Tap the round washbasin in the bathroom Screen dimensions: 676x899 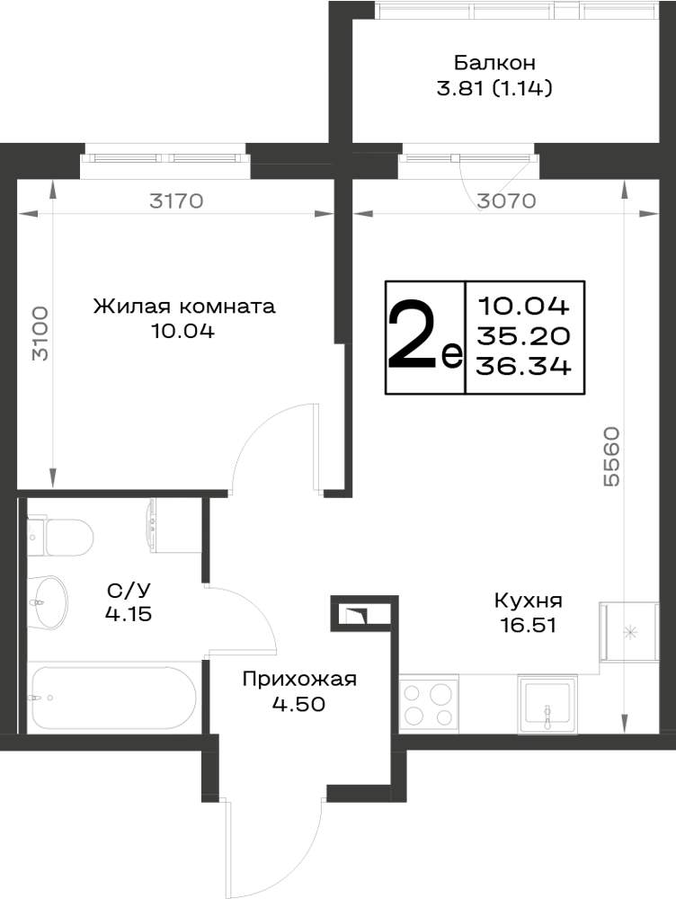tap(49, 602)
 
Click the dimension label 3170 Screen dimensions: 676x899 tap(176, 201)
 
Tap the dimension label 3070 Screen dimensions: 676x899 tap(506, 200)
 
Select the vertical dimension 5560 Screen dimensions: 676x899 tap(611, 456)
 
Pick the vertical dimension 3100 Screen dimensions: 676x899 tap(40, 334)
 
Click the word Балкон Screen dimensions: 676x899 tap(494, 62)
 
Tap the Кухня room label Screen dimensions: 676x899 tap(528, 601)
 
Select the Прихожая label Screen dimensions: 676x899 tap(299, 679)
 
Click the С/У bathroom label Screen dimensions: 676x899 tap(129, 590)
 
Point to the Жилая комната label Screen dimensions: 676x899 tap(184, 307)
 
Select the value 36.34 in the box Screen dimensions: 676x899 tap(523, 366)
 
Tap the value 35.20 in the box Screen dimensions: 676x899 tap(523, 336)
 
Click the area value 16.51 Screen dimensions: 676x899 tap(528, 625)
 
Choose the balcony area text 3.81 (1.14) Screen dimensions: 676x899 tap(494, 88)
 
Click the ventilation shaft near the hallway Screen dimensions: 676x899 tap(365, 613)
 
